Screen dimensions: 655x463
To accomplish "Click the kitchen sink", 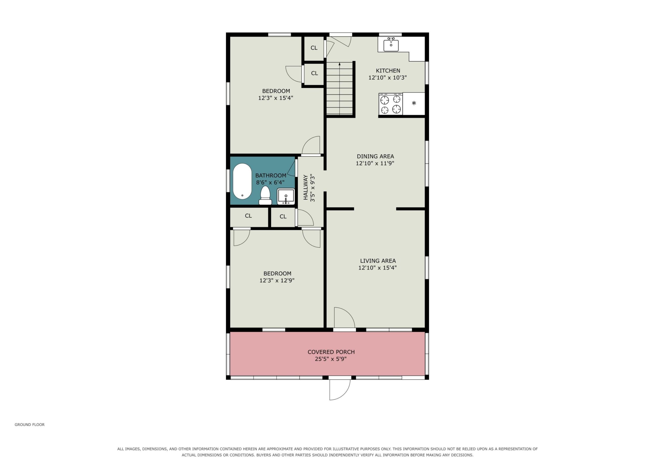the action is pos(391,45).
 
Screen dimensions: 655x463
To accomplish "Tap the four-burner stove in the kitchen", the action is pos(390,104).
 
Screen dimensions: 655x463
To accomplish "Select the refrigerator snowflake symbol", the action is pos(414,103).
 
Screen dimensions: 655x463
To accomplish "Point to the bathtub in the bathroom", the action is pos(242,181).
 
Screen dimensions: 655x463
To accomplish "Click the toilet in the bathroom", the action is pos(265,195).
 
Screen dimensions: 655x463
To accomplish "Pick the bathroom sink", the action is pos(286,196).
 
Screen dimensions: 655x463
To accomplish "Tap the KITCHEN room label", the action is pos(388,70).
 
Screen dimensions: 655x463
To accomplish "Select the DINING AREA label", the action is pos(375,156).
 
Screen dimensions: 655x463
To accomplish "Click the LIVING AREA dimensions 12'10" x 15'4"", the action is pos(377,268).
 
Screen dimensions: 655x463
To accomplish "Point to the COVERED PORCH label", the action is pos(331,352).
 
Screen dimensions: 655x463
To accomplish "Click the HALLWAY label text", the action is pos(305,187).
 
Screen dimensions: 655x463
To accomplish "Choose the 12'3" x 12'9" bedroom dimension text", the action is pos(277,280).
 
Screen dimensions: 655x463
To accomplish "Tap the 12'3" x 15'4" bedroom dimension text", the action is pos(276,98).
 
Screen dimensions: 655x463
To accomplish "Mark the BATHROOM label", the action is pos(271,175).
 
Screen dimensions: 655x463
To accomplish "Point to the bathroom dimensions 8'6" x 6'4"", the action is pos(270,182).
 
